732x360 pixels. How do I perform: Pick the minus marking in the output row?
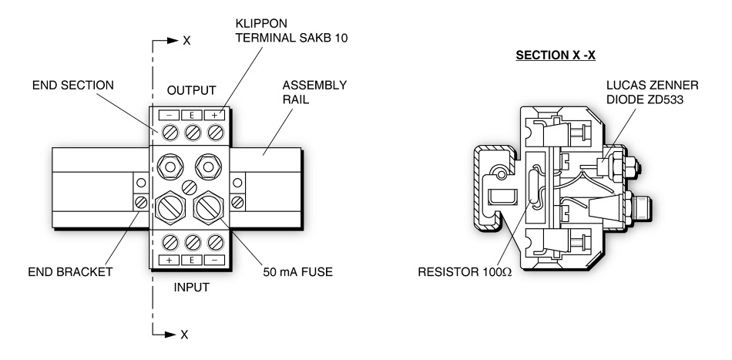167,114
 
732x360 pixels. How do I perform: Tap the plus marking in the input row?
167,261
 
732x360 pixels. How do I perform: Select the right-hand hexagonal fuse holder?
210,206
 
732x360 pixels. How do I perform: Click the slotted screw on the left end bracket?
140,202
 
